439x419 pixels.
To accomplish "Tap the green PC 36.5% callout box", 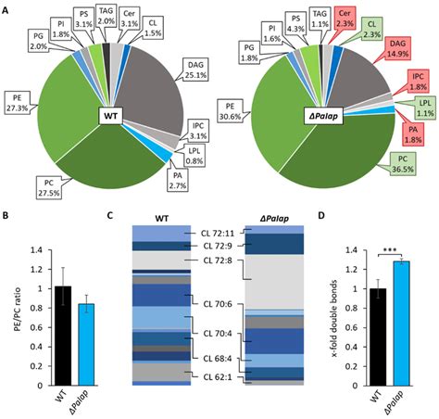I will pyautogui.click(x=402, y=171).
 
